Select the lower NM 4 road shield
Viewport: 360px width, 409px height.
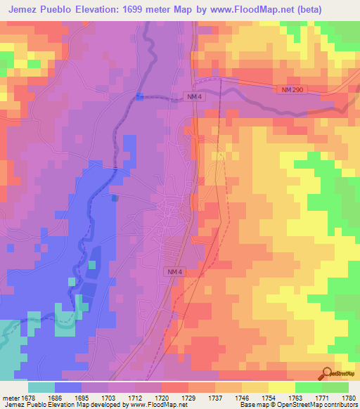click(x=175, y=271)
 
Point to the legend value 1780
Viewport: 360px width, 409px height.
click(x=349, y=396)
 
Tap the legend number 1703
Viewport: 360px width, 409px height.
click(x=108, y=396)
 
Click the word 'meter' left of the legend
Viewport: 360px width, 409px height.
click(x=9, y=396)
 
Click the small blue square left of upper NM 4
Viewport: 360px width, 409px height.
click(x=139, y=96)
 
